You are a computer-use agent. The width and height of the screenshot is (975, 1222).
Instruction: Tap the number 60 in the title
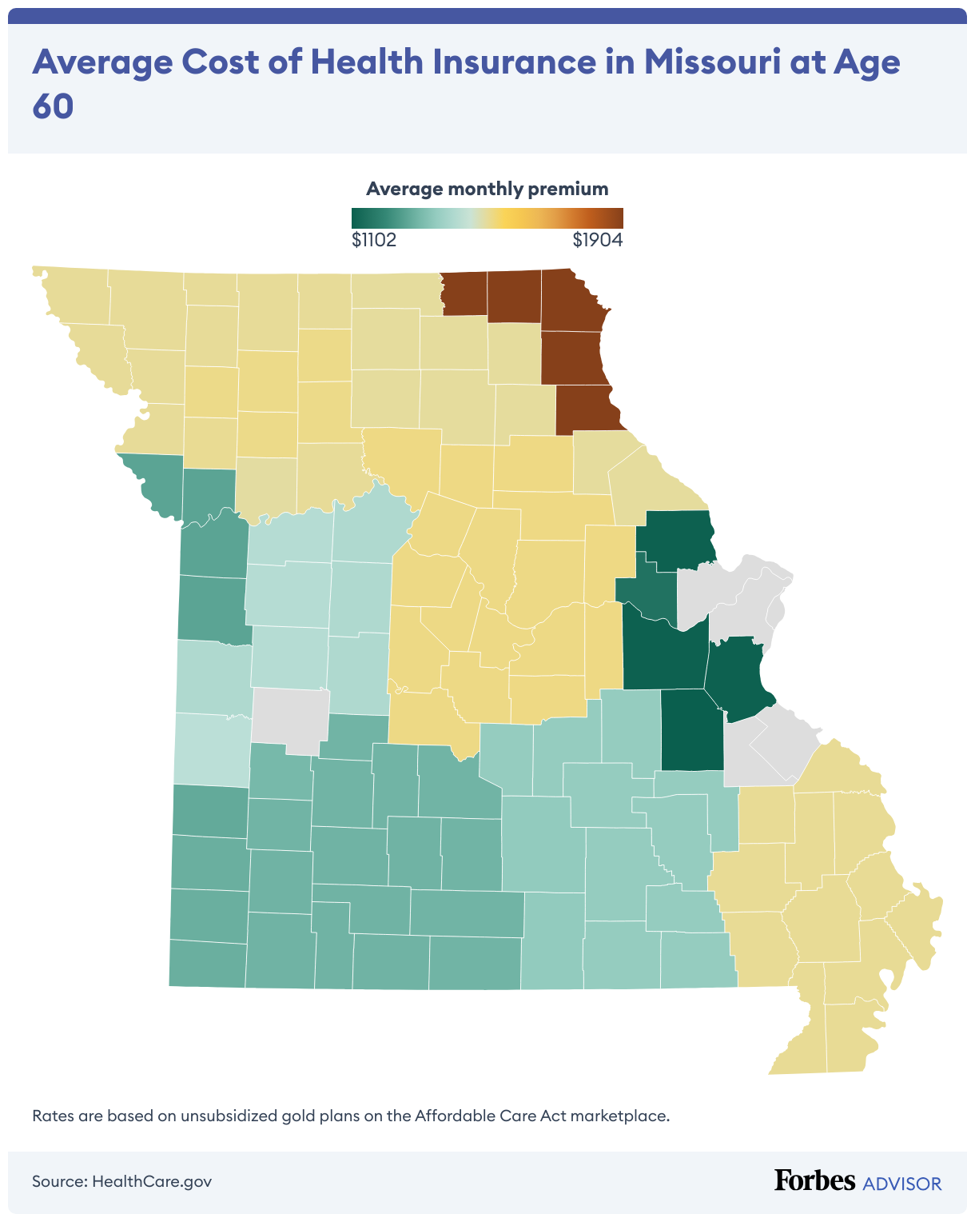pyautogui.click(x=53, y=106)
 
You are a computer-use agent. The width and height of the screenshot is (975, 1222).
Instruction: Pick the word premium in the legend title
pyautogui.click(x=572, y=190)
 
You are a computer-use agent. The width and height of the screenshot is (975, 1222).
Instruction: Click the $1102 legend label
pyautogui.click(x=374, y=240)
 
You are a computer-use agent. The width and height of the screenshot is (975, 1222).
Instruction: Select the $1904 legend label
pyautogui.click(x=598, y=240)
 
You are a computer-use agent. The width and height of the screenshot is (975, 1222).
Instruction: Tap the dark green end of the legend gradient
pyautogui.click(x=357, y=218)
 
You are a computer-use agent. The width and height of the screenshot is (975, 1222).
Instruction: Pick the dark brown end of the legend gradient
pyautogui.click(x=617, y=218)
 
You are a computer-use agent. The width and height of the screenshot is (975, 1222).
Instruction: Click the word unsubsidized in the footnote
pyautogui.click(x=216, y=1115)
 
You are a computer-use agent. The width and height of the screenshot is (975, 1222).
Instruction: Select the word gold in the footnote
pyautogui.click(x=293, y=1116)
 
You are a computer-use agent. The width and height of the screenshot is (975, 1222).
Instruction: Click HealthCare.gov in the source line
pyautogui.click(x=152, y=1181)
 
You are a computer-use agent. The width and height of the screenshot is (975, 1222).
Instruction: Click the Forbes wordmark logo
pyautogui.click(x=814, y=1180)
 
